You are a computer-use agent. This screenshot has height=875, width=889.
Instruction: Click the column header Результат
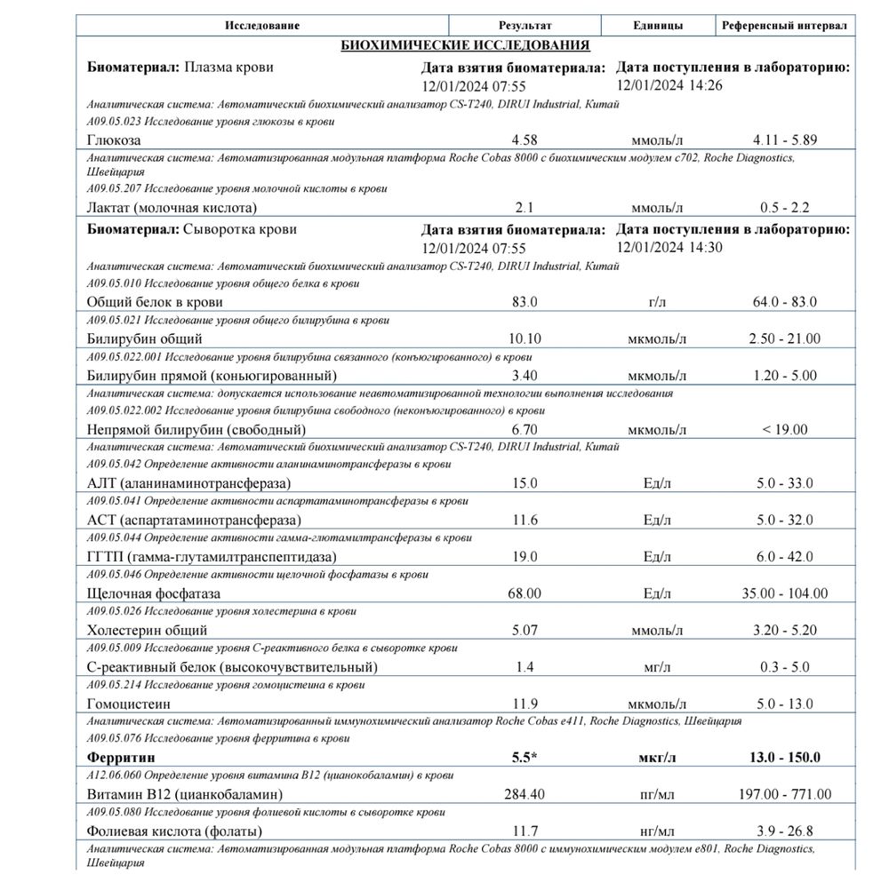(x=525, y=26)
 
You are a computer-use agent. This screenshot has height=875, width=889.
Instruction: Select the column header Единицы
(x=658, y=26)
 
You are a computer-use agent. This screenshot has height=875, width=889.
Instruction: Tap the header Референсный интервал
(x=784, y=26)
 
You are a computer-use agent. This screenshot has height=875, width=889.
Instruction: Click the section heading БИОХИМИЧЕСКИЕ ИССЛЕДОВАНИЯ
(x=465, y=45)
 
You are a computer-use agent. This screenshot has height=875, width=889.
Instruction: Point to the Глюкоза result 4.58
(x=525, y=140)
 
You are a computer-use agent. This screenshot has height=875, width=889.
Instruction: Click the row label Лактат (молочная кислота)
(x=172, y=208)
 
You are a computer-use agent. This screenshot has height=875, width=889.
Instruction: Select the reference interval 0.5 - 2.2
(x=784, y=208)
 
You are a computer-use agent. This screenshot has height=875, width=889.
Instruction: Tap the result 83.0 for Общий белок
(x=525, y=302)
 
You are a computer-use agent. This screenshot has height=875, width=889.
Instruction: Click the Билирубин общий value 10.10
(x=525, y=338)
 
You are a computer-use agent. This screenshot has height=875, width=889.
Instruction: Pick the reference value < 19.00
(x=784, y=430)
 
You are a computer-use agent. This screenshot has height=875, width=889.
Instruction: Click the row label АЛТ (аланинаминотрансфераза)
(x=189, y=483)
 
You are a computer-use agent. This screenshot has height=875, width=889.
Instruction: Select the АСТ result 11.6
(x=525, y=520)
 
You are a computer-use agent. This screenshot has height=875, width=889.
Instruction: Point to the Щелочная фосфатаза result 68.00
(x=525, y=593)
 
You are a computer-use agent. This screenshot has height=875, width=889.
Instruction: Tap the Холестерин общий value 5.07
(x=525, y=630)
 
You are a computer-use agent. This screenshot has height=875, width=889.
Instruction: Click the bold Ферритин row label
(x=121, y=758)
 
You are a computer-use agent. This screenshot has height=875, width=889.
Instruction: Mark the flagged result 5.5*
(x=525, y=758)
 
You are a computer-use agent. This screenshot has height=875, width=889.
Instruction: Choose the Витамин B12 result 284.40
(x=525, y=794)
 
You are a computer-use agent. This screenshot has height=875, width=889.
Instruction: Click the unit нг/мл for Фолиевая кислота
(x=658, y=831)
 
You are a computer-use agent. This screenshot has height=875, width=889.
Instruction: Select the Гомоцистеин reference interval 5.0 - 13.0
(x=784, y=704)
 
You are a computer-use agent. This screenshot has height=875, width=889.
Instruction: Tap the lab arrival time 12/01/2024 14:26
(x=658, y=85)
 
